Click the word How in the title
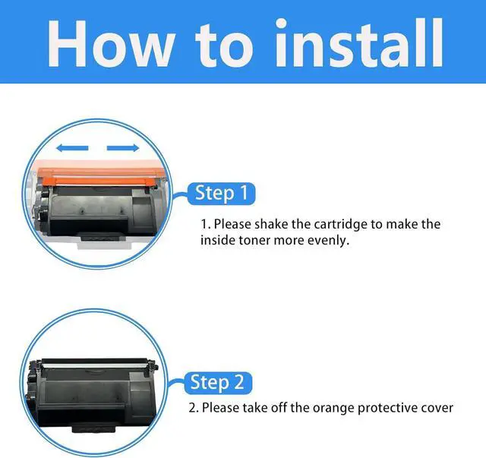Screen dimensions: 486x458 pyautogui.click(x=110, y=43)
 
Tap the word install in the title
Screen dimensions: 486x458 pyautogui.click(x=359, y=43)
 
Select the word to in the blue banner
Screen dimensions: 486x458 pyautogui.click(x=224, y=45)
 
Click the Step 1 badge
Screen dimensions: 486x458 pyautogui.click(x=221, y=194)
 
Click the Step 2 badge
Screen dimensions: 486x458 pyautogui.click(x=218, y=383)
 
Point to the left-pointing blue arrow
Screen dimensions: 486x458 pyautogui.click(x=72, y=148)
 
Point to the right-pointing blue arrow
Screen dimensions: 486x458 pyautogui.click(x=123, y=148)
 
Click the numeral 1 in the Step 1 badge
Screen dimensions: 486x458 pyautogui.click(x=245, y=193)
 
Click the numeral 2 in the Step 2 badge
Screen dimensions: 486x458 pyautogui.click(x=238, y=382)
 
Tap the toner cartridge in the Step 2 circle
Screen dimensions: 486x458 pyautogui.click(x=92, y=395)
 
